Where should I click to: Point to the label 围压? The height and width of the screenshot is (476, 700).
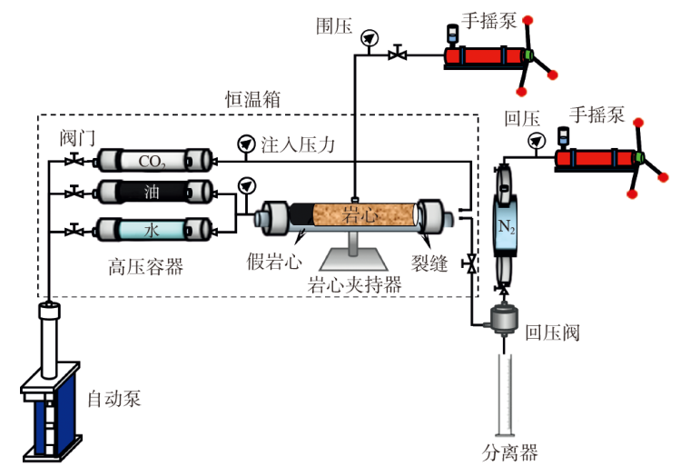(x=332, y=25)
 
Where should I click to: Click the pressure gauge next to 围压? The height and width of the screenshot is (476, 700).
(x=368, y=38)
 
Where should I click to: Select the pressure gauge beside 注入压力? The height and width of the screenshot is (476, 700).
(x=245, y=144)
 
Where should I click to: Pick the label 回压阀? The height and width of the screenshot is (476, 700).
(x=552, y=332)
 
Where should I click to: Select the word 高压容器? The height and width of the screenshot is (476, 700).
(x=146, y=266)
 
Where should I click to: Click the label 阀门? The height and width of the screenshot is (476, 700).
(x=78, y=137)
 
